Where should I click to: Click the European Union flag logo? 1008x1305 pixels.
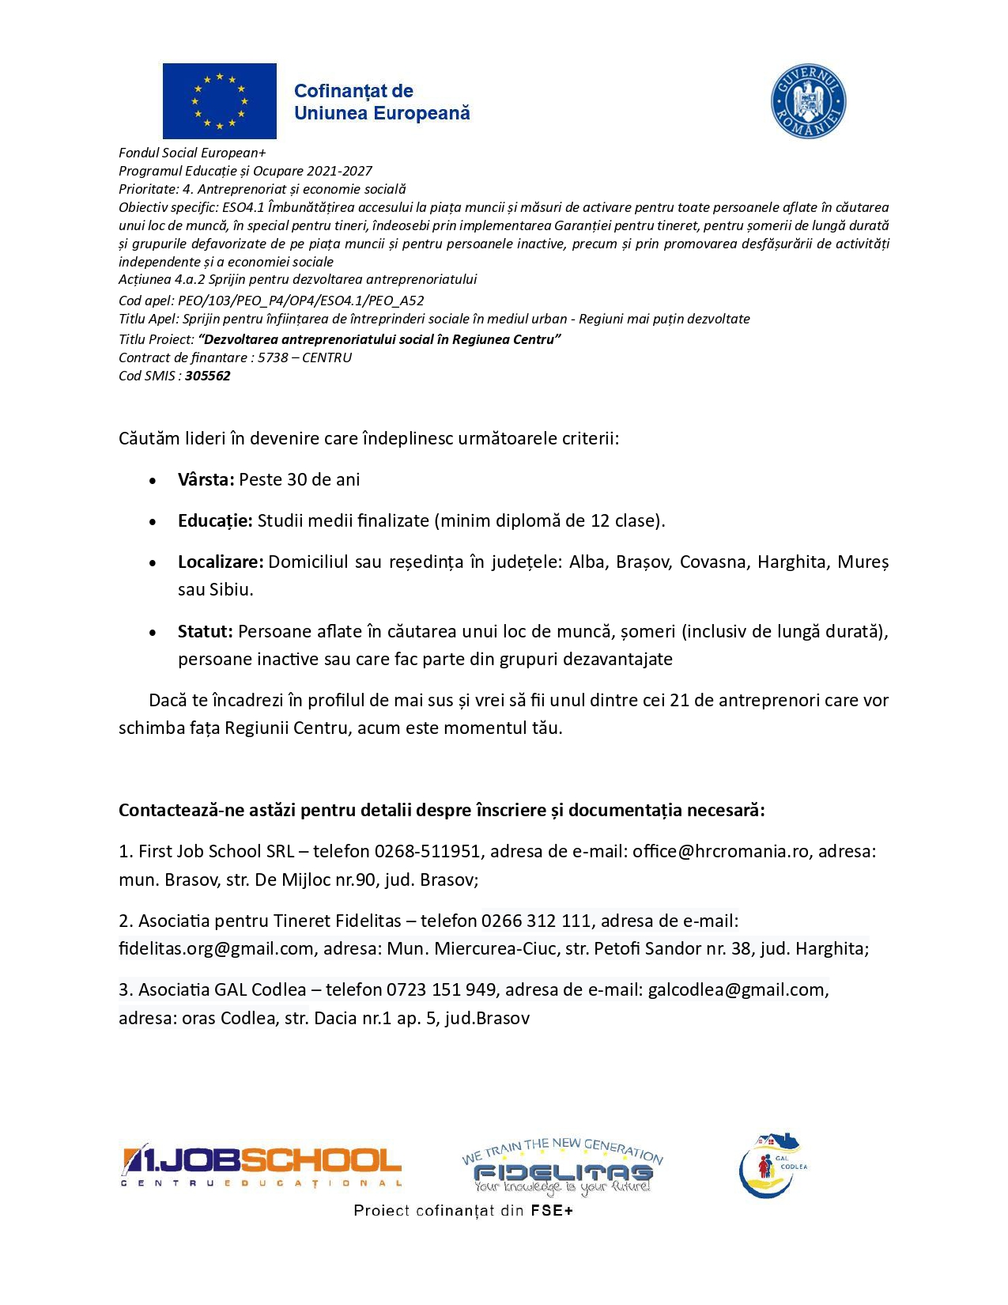tap(220, 101)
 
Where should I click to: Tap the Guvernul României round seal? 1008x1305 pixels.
tap(808, 102)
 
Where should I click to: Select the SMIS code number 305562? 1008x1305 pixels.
tap(208, 376)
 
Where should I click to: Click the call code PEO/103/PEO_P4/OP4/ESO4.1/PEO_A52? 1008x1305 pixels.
tap(301, 301)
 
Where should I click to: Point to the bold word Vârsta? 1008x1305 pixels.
tap(206, 479)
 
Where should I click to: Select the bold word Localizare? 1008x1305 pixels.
tap(221, 562)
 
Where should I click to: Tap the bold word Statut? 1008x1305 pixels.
tap(205, 631)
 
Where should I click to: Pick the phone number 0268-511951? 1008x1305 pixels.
tap(427, 851)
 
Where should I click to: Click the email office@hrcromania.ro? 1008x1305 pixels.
tap(720, 851)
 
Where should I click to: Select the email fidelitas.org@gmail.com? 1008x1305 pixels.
tap(216, 948)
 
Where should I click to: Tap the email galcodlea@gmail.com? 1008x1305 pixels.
tap(735, 989)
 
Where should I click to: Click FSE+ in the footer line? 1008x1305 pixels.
tap(552, 1210)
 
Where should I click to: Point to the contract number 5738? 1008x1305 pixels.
tap(273, 357)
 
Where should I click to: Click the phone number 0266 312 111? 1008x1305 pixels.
tap(536, 921)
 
